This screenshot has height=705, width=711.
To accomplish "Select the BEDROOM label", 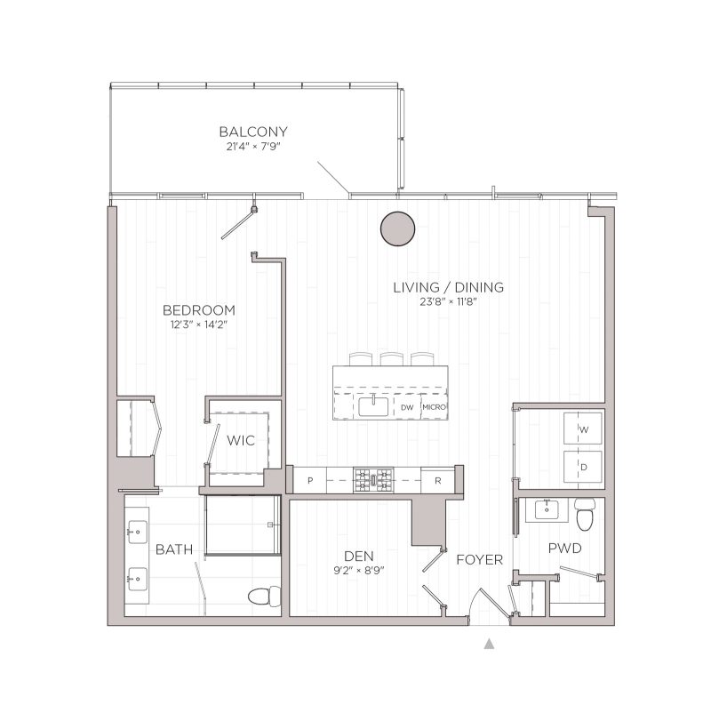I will coord(198,309).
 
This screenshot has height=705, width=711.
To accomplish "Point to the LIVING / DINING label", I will coord(450,287).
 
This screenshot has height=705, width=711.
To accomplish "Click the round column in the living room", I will coord(396,228).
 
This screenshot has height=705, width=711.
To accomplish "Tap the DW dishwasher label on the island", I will coord(406,407).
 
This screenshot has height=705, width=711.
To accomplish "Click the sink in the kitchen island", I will coord(374,406).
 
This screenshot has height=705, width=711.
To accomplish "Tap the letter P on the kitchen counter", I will coord(310,480).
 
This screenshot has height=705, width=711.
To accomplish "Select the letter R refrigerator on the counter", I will coord(438,480).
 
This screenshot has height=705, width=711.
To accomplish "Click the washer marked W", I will coord(583,429).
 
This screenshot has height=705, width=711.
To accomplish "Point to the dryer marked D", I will coord(583,465).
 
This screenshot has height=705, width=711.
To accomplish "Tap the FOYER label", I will coord(479,560).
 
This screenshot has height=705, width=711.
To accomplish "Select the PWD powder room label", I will coord(564,549).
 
